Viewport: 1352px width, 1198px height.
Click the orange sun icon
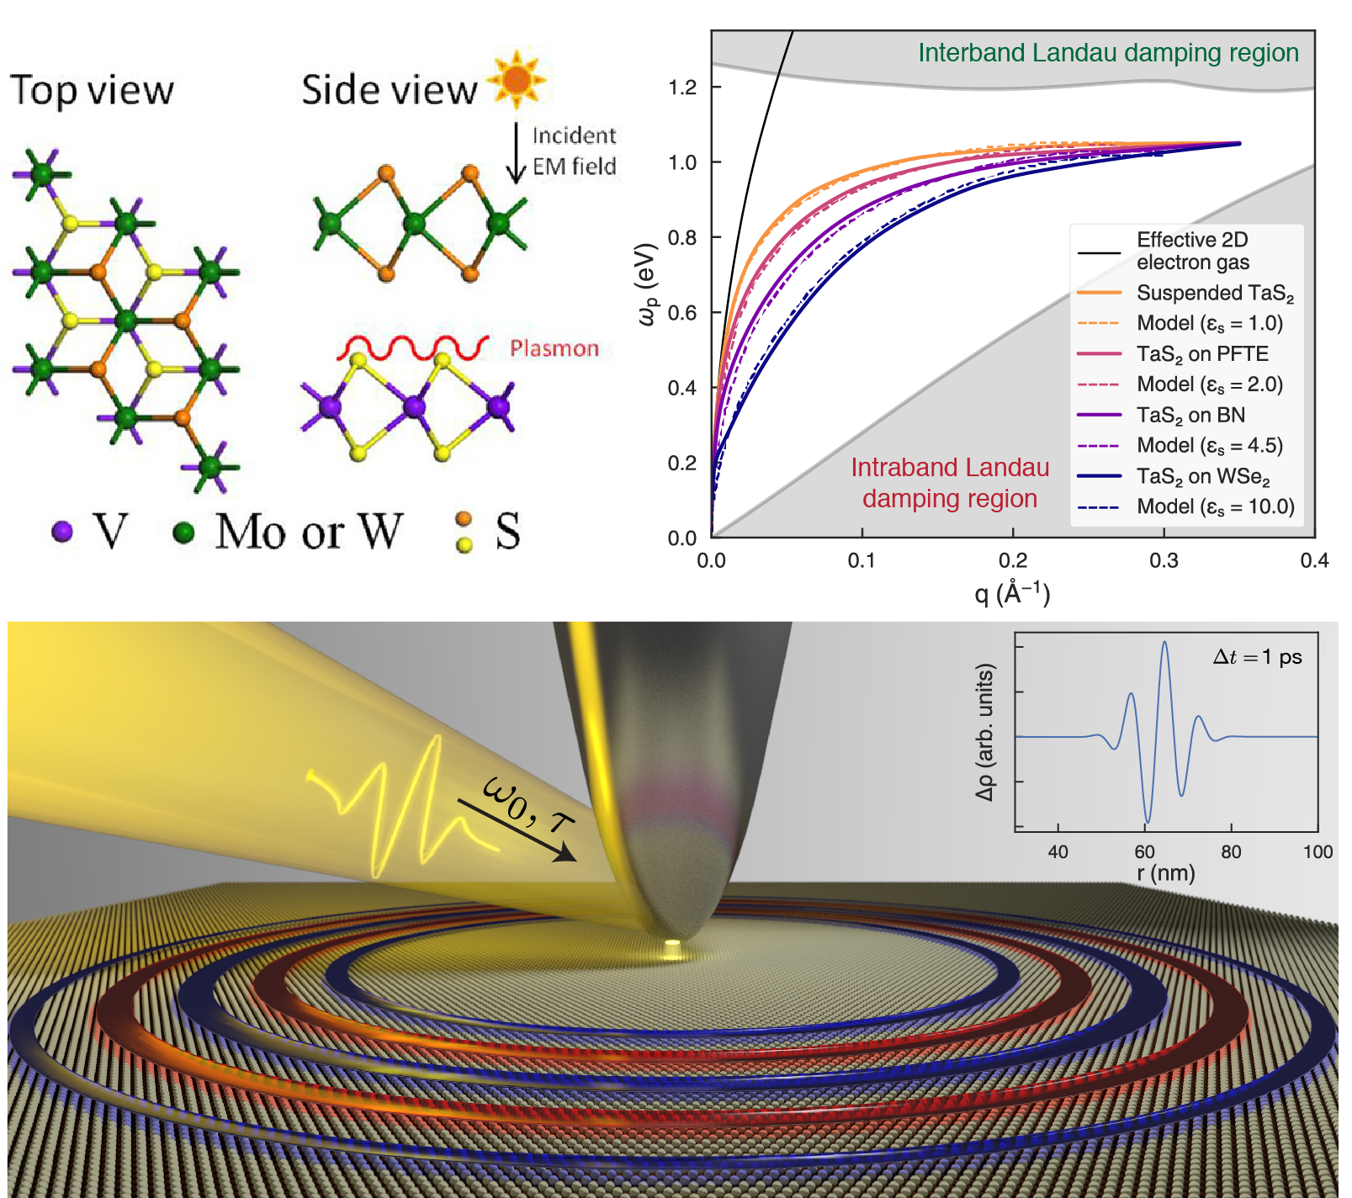click(516, 80)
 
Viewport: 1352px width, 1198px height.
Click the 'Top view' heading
click(92, 90)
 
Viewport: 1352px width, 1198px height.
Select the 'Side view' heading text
click(389, 90)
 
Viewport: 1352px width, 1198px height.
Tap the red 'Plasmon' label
click(554, 348)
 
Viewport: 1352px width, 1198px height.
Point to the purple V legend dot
click(62, 532)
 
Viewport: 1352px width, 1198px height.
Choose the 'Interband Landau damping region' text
click(1107, 53)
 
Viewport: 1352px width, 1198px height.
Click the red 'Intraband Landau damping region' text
click(950, 483)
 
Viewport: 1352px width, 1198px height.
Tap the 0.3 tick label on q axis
click(1164, 561)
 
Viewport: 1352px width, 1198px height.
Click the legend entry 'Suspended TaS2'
click(1214, 293)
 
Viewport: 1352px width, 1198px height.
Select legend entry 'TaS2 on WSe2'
click(1202, 476)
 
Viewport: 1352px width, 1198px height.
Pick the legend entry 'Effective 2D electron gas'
click(1192, 251)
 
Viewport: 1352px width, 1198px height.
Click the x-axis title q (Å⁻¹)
click(1012, 593)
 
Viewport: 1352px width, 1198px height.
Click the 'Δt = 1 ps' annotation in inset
click(1257, 657)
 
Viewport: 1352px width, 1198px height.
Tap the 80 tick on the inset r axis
click(1231, 851)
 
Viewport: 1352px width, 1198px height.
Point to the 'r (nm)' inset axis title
click(1165, 873)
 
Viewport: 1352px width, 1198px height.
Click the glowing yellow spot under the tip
click(671, 947)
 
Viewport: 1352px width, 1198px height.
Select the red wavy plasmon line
click(413, 347)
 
